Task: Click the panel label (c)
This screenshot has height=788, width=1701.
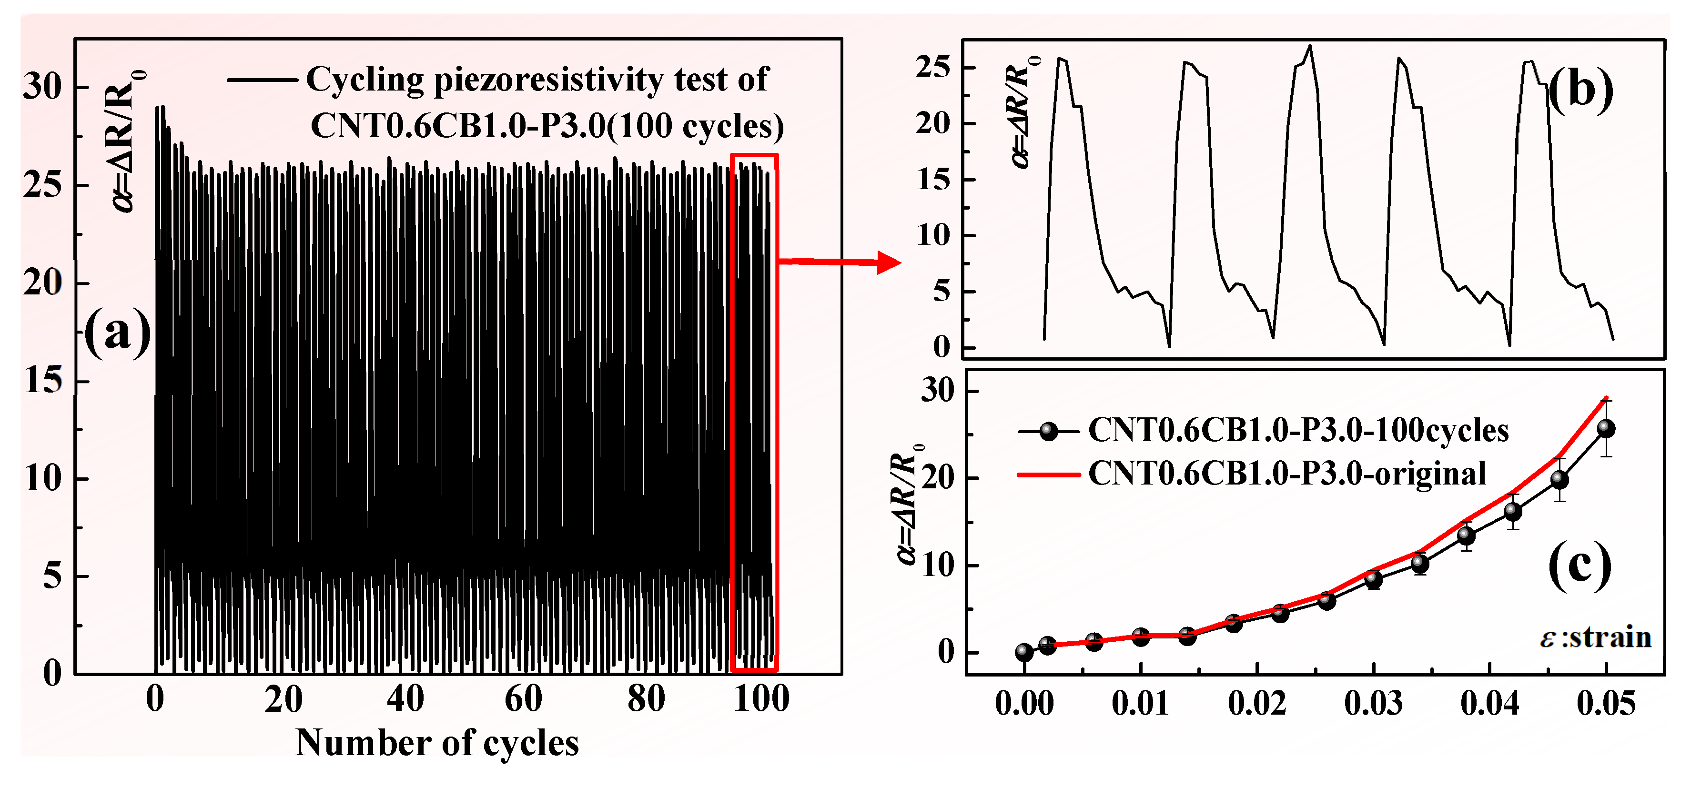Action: (x=1579, y=566)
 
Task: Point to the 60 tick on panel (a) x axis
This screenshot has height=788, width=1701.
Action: (x=523, y=699)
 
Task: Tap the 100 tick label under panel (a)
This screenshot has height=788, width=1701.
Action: (x=761, y=699)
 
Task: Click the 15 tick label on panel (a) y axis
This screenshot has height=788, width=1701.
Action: (x=43, y=381)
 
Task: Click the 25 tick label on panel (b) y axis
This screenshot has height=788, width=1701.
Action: (x=933, y=67)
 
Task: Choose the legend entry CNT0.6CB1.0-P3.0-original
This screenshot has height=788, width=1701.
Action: (x=1286, y=474)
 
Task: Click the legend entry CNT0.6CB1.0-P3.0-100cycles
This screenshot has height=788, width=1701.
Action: (x=1297, y=431)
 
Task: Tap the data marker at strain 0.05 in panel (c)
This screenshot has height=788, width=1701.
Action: (x=1606, y=429)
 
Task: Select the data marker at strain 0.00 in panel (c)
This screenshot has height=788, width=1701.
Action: (x=1023, y=653)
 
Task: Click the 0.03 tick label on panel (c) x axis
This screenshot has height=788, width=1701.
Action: (x=1373, y=704)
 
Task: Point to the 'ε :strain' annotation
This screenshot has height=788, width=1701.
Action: (x=1595, y=637)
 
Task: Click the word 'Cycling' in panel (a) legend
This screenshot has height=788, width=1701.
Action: (x=364, y=81)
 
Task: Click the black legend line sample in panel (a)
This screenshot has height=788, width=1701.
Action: (x=262, y=80)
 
